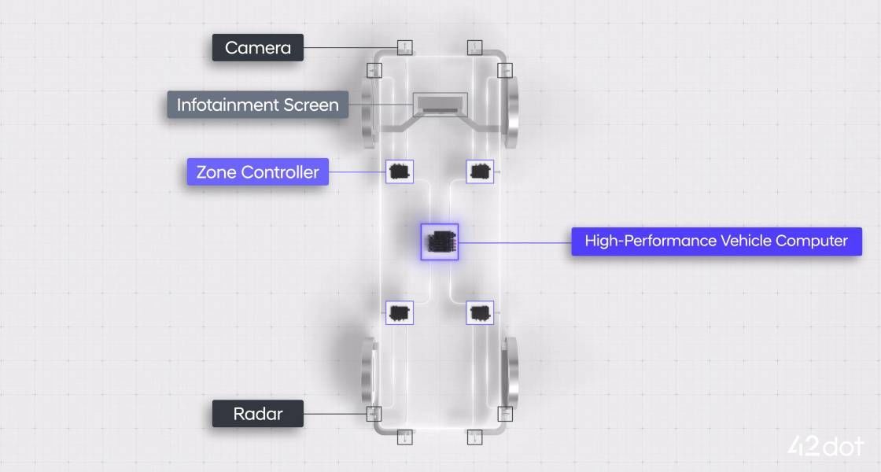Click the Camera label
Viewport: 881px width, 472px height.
click(257, 48)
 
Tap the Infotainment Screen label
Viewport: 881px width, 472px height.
click(257, 105)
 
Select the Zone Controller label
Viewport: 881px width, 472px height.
click(257, 172)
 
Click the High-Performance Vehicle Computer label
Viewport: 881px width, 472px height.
click(716, 241)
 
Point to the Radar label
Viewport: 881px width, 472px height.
click(257, 414)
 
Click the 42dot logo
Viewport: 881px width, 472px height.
click(826, 446)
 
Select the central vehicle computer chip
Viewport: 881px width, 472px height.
click(439, 242)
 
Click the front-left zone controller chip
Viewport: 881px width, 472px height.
click(400, 170)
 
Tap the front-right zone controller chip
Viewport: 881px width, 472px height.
click(480, 170)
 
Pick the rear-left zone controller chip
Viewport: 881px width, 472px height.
click(400, 312)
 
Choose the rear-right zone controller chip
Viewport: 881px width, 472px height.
click(480, 312)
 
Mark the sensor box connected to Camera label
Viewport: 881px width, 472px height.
click(404, 48)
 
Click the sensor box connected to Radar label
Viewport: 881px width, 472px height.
click(374, 414)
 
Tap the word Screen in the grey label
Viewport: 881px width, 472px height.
click(311, 105)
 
